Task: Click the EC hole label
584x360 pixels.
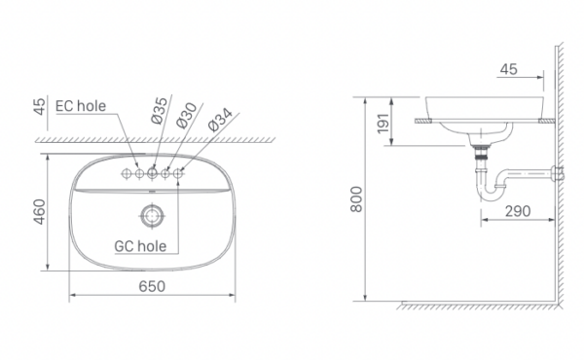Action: coord(81,107)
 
